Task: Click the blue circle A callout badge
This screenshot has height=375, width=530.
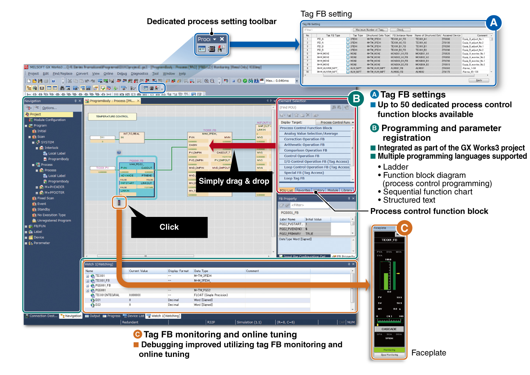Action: pos(493,23)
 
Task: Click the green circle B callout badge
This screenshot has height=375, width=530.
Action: pos(356,99)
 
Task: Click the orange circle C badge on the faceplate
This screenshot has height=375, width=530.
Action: pos(404,228)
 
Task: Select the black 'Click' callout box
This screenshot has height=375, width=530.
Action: pos(169,227)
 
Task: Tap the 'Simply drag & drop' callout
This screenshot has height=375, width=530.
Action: pos(234,181)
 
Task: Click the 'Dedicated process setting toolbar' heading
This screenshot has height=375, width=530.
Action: pos(212,21)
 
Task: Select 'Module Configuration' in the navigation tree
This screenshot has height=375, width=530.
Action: pos(50,120)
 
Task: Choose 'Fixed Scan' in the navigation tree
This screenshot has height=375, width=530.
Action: pos(46,198)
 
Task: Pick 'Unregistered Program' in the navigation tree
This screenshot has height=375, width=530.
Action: pos(54,221)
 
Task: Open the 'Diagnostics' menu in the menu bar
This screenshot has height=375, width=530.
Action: pos(139,74)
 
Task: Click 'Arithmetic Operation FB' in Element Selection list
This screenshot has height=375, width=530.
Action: pos(304,145)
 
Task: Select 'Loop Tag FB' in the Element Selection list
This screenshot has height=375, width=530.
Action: pos(294,178)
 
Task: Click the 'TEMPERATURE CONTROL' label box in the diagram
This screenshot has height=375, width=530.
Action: pos(112,117)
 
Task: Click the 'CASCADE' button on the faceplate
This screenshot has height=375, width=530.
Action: pos(389,329)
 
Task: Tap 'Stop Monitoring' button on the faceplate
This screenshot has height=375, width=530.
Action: pos(389,355)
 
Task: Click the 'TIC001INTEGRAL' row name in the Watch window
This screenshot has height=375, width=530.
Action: pos(107,295)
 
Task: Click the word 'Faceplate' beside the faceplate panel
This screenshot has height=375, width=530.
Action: pos(428,353)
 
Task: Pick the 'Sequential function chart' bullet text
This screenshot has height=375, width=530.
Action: pos(428,192)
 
